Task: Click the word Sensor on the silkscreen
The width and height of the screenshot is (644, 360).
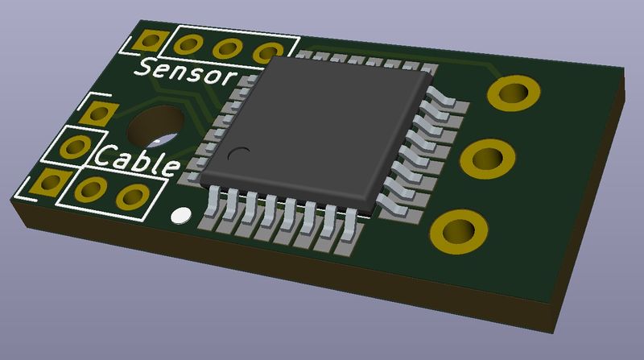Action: click(187, 72)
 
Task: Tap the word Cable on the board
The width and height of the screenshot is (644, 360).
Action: click(137, 160)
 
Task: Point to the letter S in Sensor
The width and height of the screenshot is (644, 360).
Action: click(144, 67)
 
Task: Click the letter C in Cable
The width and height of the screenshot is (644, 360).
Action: click(104, 155)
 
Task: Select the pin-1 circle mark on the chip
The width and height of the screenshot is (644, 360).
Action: click(238, 154)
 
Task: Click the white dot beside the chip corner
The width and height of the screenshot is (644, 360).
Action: click(180, 215)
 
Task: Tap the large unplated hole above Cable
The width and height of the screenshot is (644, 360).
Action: click(156, 126)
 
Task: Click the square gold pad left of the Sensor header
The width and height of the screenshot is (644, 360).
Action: click(151, 41)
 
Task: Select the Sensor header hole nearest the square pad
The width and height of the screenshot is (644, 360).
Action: click(188, 44)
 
